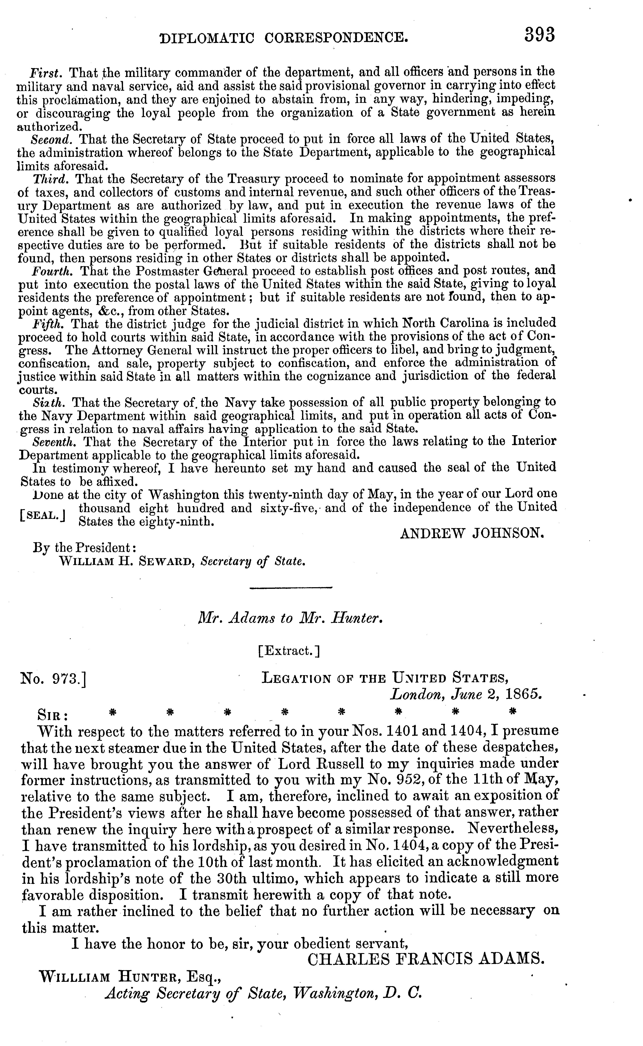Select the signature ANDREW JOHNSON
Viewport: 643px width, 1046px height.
click(472, 533)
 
